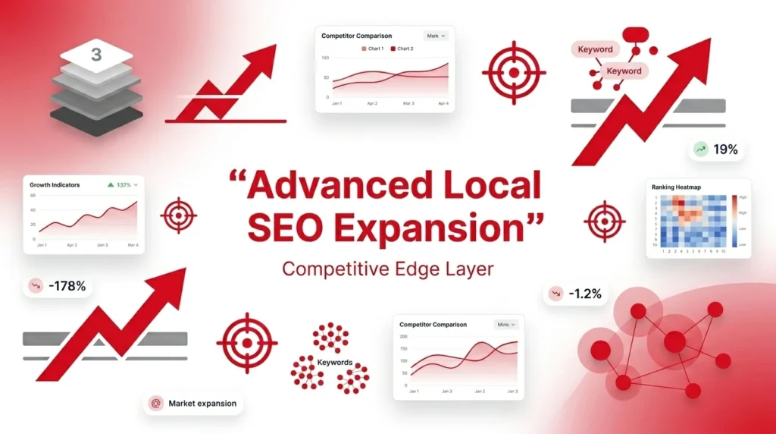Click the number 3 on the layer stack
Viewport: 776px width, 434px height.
click(x=96, y=55)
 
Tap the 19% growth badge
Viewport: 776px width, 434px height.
click(x=716, y=149)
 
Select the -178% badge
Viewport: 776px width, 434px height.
click(x=58, y=286)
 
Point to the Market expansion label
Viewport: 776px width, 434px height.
click(x=193, y=404)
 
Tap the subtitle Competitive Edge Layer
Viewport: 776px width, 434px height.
click(x=387, y=269)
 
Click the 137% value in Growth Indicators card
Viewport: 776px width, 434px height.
click(x=124, y=184)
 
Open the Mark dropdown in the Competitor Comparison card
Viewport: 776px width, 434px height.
click(x=436, y=36)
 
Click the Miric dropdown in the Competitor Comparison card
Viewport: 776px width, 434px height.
click(x=505, y=324)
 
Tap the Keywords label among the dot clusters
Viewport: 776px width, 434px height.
click(x=334, y=363)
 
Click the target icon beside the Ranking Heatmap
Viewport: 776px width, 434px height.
click(x=604, y=222)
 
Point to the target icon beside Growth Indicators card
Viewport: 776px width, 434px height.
click(x=178, y=216)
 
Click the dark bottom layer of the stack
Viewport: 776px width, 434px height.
click(x=96, y=121)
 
